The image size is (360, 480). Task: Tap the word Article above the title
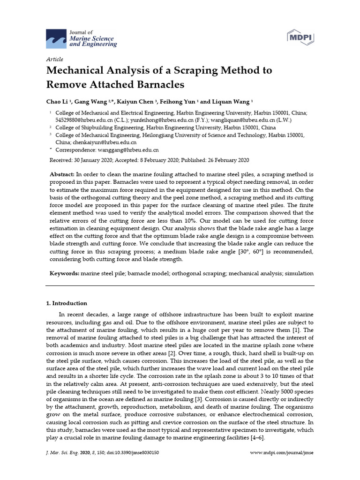pyautogui.click(x=54, y=59)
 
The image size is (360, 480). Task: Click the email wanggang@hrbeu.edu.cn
pyautogui.click(x=127, y=150)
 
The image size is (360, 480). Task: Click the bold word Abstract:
pyautogui.click(x=62, y=174)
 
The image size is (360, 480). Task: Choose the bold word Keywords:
pyautogui.click(x=64, y=273)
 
